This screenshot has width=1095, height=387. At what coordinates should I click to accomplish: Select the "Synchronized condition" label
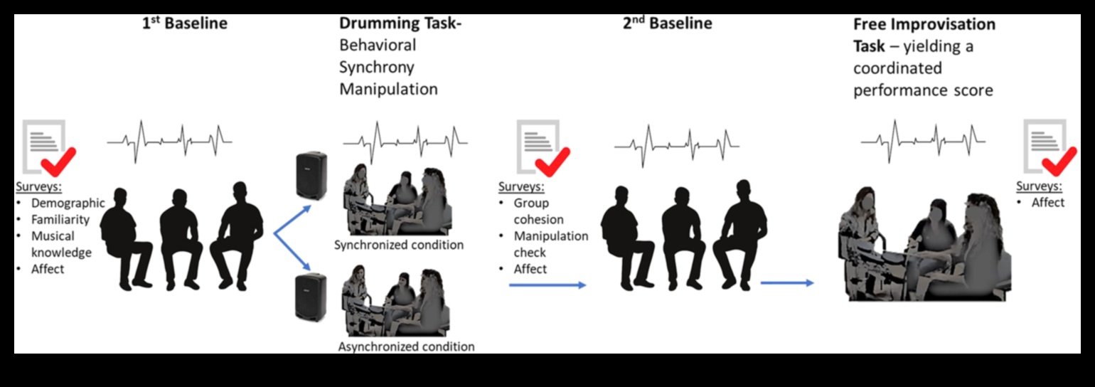(x=399, y=245)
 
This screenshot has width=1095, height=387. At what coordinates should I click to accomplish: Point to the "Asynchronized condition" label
(x=406, y=346)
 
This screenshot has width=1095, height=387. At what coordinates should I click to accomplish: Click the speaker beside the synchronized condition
(x=311, y=175)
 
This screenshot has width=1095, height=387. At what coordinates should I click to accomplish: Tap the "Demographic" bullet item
(x=68, y=203)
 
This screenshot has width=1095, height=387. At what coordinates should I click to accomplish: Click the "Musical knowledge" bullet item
(x=62, y=244)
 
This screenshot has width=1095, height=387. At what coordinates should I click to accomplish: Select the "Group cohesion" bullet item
(x=538, y=211)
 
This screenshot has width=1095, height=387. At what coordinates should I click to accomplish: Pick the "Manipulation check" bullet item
(x=551, y=244)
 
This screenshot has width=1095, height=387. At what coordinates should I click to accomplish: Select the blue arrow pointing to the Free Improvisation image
(x=787, y=283)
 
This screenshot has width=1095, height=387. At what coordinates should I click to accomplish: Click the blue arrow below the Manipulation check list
(x=547, y=285)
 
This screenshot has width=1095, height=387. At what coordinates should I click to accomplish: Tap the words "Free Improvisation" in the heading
(x=924, y=24)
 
